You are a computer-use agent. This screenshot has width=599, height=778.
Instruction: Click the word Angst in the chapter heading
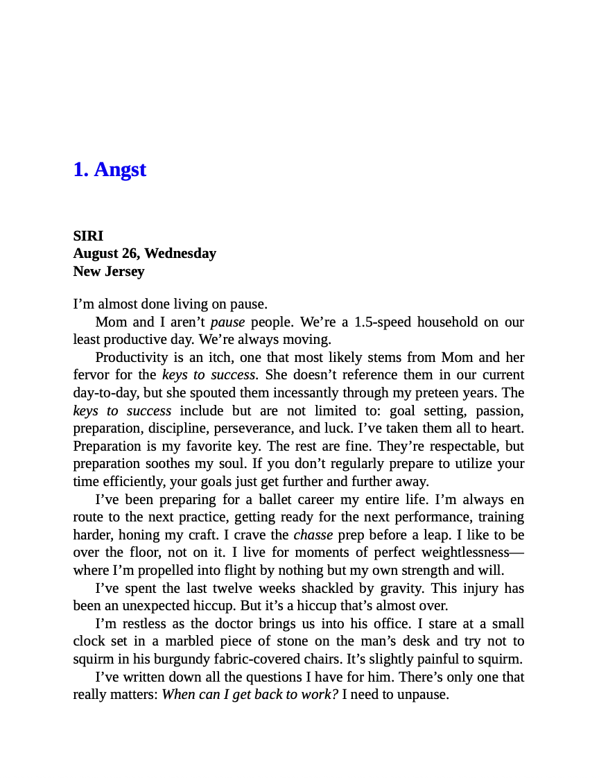(x=120, y=169)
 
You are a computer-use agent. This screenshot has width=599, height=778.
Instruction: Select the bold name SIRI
(x=88, y=236)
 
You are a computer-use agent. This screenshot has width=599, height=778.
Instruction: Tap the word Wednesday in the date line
(x=180, y=253)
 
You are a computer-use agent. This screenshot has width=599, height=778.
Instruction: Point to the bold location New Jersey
(x=109, y=271)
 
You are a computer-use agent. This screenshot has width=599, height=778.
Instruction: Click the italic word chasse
(x=313, y=535)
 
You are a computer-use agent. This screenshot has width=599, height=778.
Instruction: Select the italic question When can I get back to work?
(x=250, y=694)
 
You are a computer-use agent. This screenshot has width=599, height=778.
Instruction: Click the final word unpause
(x=422, y=694)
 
